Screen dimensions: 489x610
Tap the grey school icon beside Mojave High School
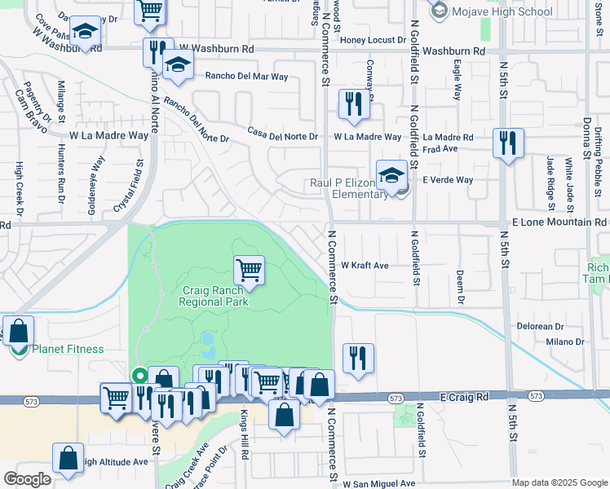440,11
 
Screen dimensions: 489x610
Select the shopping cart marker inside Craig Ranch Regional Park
249,270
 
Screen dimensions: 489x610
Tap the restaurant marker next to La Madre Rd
508,143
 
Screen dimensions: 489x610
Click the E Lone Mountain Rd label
559,222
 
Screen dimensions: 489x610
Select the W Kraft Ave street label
365,265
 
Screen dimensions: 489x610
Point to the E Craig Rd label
463,396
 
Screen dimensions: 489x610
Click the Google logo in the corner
27,479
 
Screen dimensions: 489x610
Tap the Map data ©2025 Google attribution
559,482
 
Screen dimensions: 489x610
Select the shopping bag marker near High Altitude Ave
68,459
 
